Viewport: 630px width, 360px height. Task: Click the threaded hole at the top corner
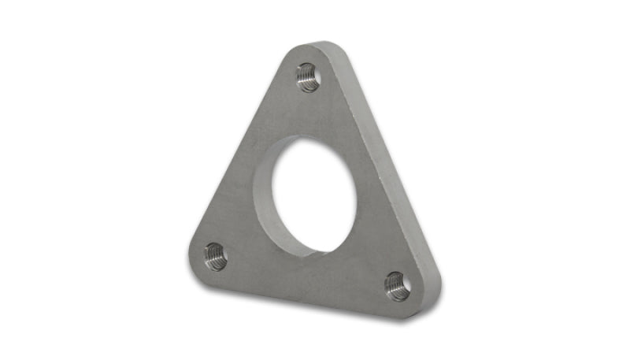308,76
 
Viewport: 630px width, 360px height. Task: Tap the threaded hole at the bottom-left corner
214,255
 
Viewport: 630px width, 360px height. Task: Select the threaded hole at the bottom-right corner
397,286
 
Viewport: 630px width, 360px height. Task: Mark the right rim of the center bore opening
356,197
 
